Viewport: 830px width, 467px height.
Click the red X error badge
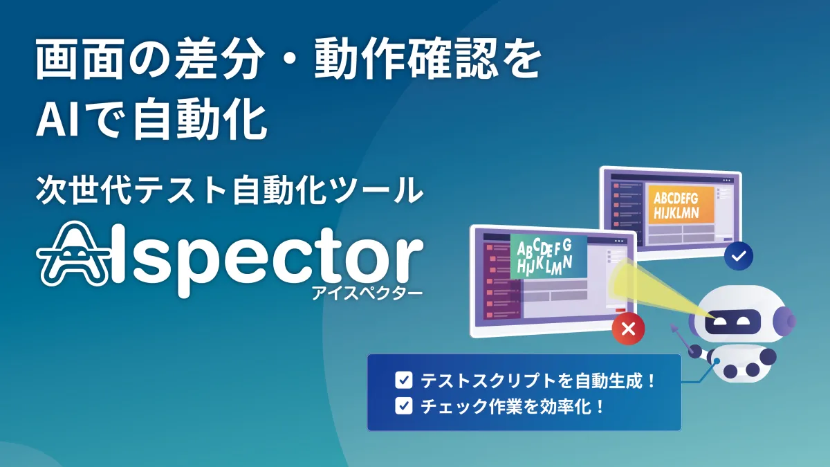tap(629, 329)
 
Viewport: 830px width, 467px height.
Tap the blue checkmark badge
tap(739, 256)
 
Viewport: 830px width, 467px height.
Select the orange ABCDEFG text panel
tap(681, 205)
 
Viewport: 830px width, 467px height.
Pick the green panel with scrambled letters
tap(548, 257)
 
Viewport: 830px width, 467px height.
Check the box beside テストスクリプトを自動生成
tap(403, 380)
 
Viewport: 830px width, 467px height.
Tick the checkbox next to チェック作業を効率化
tap(403, 406)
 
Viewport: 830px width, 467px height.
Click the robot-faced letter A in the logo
tap(74, 255)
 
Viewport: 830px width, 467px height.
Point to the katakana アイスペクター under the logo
tap(367, 293)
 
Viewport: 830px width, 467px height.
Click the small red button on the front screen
tap(620, 309)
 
